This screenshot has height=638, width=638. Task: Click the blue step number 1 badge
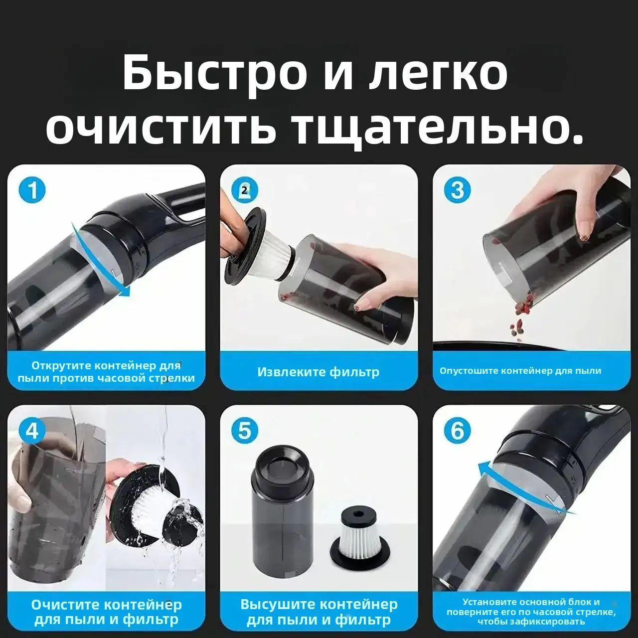click(32, 191)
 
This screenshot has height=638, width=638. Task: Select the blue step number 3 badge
click(457, 190)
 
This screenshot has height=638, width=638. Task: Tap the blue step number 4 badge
click(32, 430)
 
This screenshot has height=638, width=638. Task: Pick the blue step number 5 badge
click(245, 430)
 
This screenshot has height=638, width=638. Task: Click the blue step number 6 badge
click(457, 430)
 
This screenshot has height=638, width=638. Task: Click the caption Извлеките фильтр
click(319, 372)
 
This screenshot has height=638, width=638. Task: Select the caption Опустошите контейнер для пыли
click(520, 371)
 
